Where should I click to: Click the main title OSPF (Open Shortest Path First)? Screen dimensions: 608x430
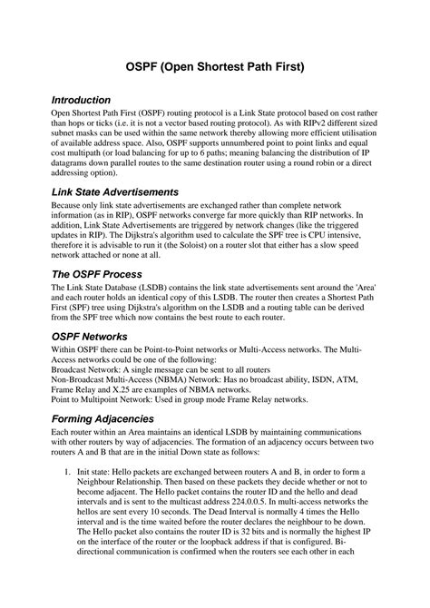pyautogui.click(x=214, y=66)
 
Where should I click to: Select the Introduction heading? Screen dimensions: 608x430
pyautogui.click(x=81, y=99)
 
